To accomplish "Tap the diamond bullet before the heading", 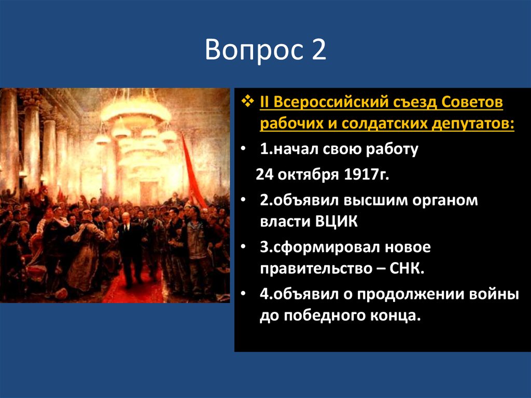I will pyautogui.click(x=248, y=102).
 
